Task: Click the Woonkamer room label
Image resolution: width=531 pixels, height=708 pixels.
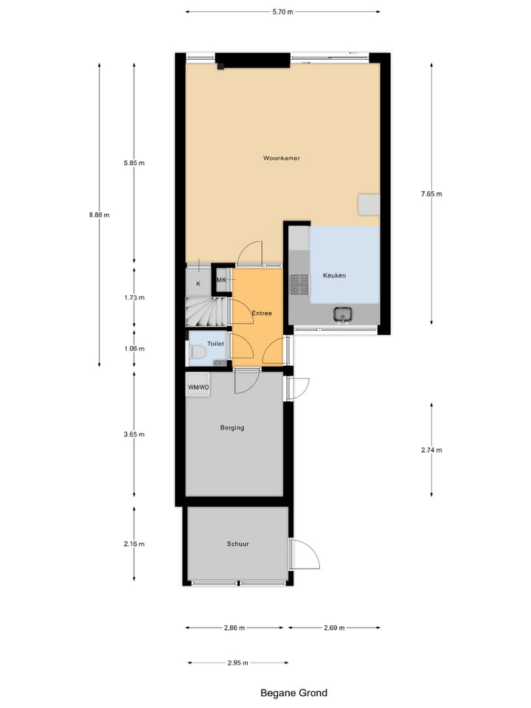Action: pyautogui.click(x=281, y=158)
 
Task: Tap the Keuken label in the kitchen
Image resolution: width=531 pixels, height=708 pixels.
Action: pyautogui.click(x=334, y=276)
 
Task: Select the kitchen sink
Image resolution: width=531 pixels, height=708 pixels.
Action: pyautogui.click(x=343, y=315)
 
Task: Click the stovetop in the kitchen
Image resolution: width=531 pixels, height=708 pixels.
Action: pyautogui.click(x=299, y=285)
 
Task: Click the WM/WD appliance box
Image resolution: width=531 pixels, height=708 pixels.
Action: pyautogui.click(x=198, y=386)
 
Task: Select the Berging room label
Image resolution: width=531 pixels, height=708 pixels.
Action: pyautogui.click(x=232, y=428)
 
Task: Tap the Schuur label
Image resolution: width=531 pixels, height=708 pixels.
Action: pyautogui.click(x=237, y=544)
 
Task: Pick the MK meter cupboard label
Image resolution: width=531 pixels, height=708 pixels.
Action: pyautogui.click(x=221, y=280)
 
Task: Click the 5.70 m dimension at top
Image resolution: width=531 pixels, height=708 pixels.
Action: pyautogui.click(x=282, y=12)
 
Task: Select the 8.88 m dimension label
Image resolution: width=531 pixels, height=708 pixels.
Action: pyautogui.click(x=99, y=215)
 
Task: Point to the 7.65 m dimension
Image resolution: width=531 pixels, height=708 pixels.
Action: pyautogui.click(x=431, y=194)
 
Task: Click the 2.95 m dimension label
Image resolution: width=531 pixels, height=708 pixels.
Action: pyautogui.click(x=237, y=662)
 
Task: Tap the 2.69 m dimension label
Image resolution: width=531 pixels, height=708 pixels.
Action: pyautogui.click(x=334, y=628)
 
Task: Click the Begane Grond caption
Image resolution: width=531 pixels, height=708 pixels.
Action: pyautogui.click(x=294, y=693)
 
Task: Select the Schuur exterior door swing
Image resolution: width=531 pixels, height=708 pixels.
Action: pyautogui.click(x=304, y=555)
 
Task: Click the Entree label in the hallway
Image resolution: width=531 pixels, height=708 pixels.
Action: pyautogui.click(x=262, y=313)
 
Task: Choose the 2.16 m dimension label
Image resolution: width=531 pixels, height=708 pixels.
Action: pyautogui.click(x=134, y=544)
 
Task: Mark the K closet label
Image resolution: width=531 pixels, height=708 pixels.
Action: pyautogui.click(x=198, y=284)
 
